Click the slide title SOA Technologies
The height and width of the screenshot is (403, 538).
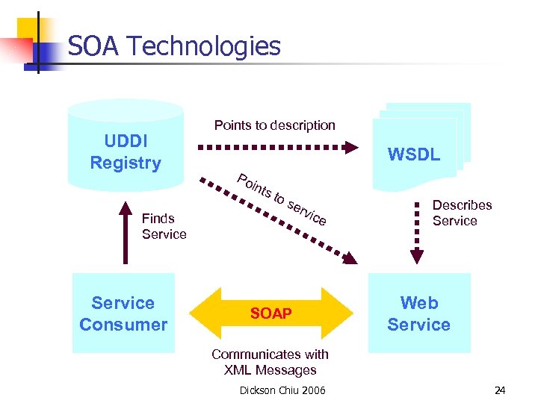[x=173, y=46]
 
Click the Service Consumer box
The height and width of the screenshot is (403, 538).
[x=123, y=313]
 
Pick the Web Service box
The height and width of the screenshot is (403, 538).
[x=419, y=313]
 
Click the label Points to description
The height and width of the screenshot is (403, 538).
[x=274, y=125]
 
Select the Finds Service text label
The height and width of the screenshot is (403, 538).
[x=164, y=226]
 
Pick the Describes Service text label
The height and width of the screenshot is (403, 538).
[x=462, y=213]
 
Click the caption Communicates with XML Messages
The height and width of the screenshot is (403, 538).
[x=270, y=362]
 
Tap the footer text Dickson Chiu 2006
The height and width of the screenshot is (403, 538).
[x=282, y=390]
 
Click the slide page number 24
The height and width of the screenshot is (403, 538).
[x=500, y=390]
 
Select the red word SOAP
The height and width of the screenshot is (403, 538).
[x=270, y=313]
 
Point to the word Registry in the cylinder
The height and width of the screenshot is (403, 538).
[x=126, y=163]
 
